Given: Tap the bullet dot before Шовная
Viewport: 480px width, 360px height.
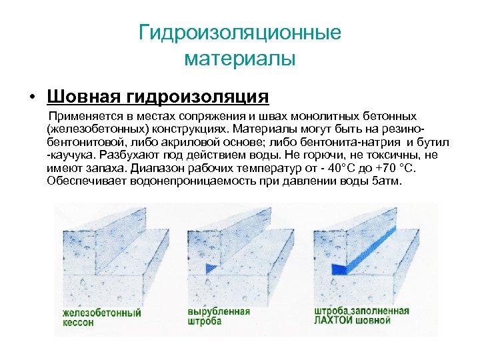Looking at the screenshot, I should click(x=31, y=98).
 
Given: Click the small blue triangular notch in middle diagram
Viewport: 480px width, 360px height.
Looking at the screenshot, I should click(x=211, y=268).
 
